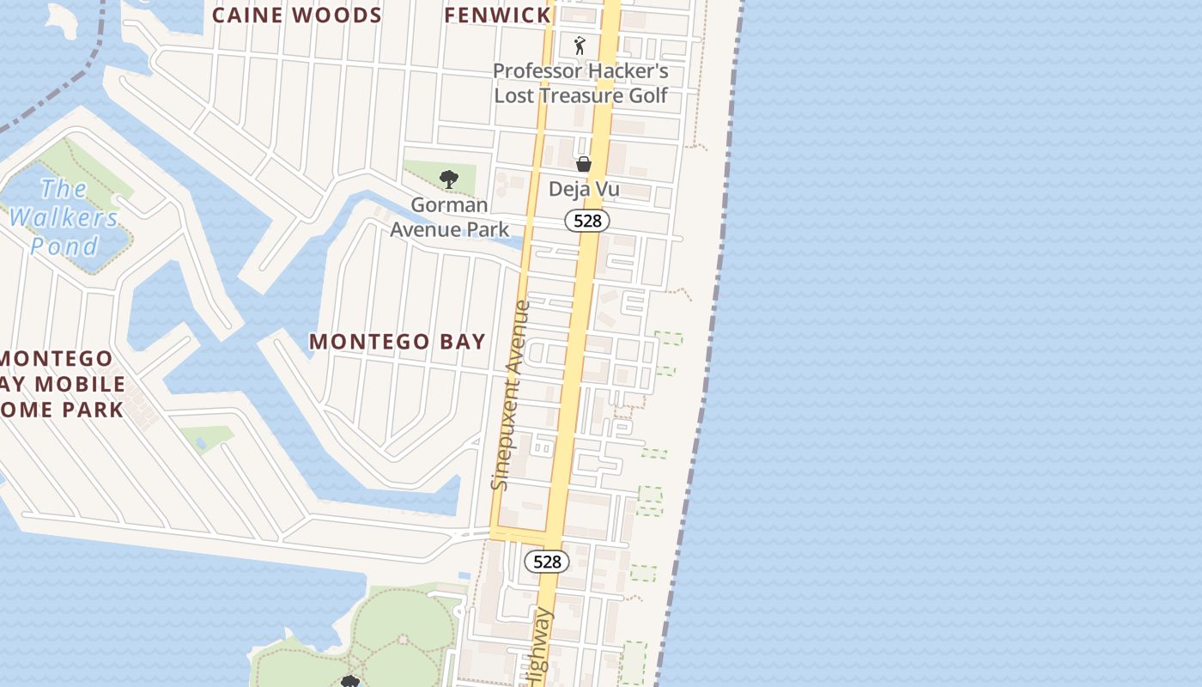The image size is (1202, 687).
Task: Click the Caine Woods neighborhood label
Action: (x=296, y=15)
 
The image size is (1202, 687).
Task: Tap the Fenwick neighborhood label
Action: (x=498, y=15)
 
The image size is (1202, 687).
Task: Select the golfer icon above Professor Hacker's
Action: (x=580, y=46)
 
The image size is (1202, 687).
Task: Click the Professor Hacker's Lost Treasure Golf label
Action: (x=580, y=83)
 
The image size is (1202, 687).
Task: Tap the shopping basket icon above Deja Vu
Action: (x=584, y=163)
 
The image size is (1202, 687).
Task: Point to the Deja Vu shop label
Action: (x=584, y=190)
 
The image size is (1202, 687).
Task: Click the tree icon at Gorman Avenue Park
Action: (x=448, y=179)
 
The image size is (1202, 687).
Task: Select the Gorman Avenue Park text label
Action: (x=449, y=217)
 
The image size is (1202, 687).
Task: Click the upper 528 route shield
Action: (x=587, y=221)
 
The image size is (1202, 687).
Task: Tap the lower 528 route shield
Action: (x=547, y=562)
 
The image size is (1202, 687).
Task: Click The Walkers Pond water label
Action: (x=64, y=217)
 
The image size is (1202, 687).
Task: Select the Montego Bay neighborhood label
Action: (x=398, y=342)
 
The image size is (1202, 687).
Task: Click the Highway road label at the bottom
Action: (x=539, y=648)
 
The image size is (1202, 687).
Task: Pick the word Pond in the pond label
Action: (x=64, y=246)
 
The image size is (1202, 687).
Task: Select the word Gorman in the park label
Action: (x=449, y=205)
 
